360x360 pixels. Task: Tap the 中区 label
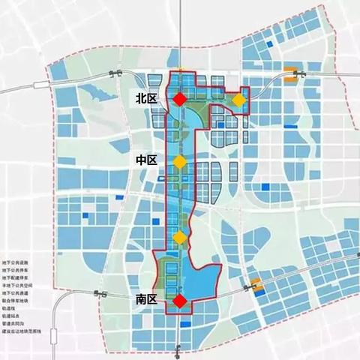coord(145,160)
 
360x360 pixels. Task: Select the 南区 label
coord(145,300)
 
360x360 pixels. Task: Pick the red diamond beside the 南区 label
coord(180,301)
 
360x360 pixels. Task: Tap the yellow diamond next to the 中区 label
coord(180,162)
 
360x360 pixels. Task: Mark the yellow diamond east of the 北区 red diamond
coord(238,100)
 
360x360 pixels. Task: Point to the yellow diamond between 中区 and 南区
coord(180,238)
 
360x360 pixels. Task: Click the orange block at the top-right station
coord(290,73)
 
